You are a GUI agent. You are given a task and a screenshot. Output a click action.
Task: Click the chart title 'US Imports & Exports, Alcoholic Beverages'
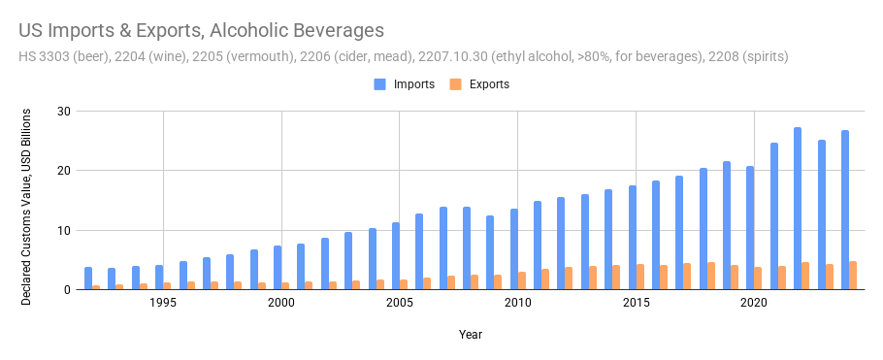coord(201,31)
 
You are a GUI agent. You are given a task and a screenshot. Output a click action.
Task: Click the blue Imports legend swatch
coord(379,84)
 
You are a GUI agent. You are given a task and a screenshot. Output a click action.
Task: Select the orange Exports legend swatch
coord(455,84)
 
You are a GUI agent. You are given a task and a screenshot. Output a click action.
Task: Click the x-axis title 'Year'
coord(470,335)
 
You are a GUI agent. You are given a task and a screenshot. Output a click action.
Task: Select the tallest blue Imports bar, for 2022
coord(798,209)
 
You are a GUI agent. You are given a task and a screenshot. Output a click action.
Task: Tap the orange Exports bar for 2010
coord(522,280)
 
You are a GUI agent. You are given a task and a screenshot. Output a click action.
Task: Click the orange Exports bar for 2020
coord(758,278)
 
